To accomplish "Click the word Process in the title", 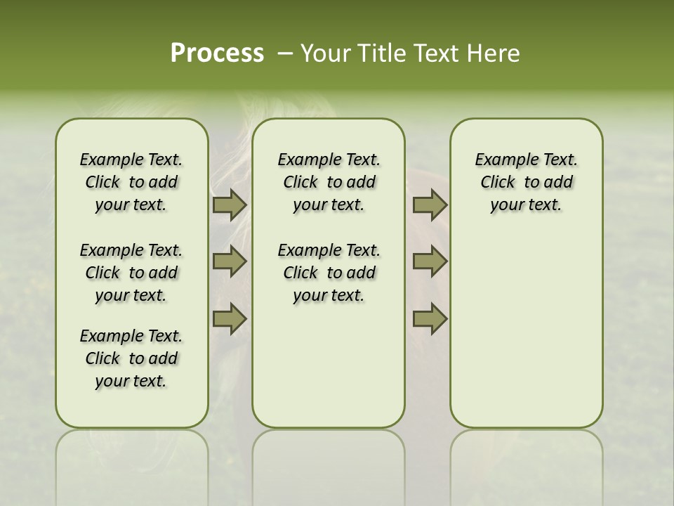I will tap(217, 53).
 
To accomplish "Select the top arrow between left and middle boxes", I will tap(230, 205).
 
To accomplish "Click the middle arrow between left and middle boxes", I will tap(230, 262).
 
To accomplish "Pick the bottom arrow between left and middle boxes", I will tap(230, 319).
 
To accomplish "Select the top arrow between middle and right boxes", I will tap(430, 205).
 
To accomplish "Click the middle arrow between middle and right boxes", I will tap(430, 262).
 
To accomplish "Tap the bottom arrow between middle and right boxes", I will tap(430, 319).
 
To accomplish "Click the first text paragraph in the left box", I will tap(131, 182).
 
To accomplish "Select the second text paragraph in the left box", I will tap(131, 273).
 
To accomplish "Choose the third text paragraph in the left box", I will tap(131, 358).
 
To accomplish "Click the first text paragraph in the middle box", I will tap(329, 182).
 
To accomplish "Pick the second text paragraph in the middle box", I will tap(329, 273).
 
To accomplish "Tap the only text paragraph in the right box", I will tap(526, 182).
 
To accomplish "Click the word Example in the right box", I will tap(501, 160).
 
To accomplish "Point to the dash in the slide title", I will tap(285, 53).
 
